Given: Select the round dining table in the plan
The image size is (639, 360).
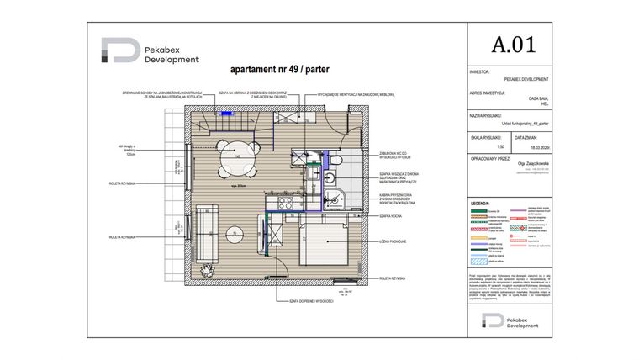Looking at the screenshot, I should [x=240, y=157].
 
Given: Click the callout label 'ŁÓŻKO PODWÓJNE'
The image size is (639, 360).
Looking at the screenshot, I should [x=393, y=241].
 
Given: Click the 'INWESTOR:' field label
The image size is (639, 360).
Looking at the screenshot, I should [x=481, y=72].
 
